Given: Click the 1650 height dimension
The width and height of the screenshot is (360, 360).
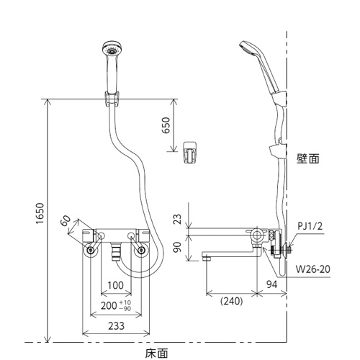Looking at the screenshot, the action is coord(40,214).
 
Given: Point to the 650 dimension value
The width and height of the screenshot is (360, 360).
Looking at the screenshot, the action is coord(166,125).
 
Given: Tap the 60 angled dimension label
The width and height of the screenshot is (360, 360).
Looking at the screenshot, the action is coord(66,220).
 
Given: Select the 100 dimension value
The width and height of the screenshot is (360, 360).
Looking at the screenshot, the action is coord(116,285).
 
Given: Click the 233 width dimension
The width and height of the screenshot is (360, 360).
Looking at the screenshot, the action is coord(117,326).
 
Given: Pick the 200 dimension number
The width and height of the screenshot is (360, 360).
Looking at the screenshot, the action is coord(109,306).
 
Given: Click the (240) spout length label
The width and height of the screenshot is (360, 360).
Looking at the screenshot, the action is coord(232,301).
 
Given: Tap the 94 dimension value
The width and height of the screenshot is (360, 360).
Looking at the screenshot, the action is coord(272,284).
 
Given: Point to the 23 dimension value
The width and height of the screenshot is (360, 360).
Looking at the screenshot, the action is coord(178,219).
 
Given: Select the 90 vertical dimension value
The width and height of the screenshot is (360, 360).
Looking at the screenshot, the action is coord(178,247).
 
